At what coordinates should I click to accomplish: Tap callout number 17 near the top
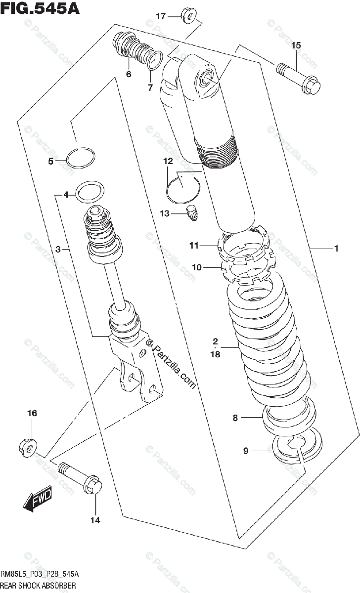click(161, 16)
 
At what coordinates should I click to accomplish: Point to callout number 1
click(336, 249)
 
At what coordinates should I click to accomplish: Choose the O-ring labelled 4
click(90, 191)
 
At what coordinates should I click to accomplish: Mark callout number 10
click(197, 267)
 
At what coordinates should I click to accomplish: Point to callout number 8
click(235, 418)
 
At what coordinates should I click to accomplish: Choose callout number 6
click(128, 75)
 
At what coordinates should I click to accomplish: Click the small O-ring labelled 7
click(154, 60)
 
